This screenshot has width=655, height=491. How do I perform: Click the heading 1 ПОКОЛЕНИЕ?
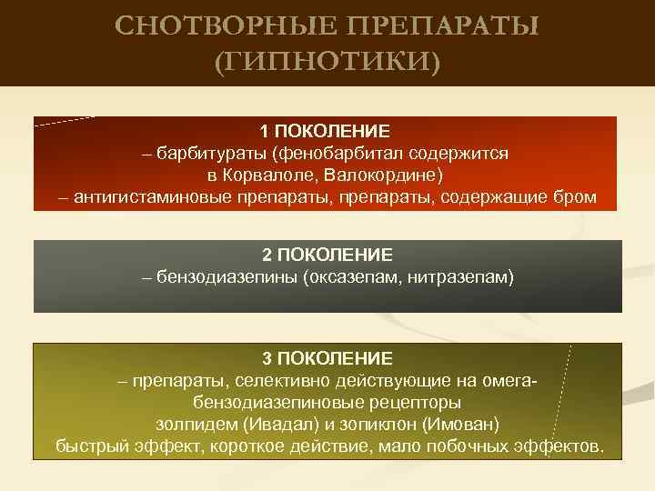327,132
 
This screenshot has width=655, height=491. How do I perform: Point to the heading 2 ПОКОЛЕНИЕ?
327,254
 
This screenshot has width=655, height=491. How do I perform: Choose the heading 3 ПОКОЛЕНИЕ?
327,358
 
